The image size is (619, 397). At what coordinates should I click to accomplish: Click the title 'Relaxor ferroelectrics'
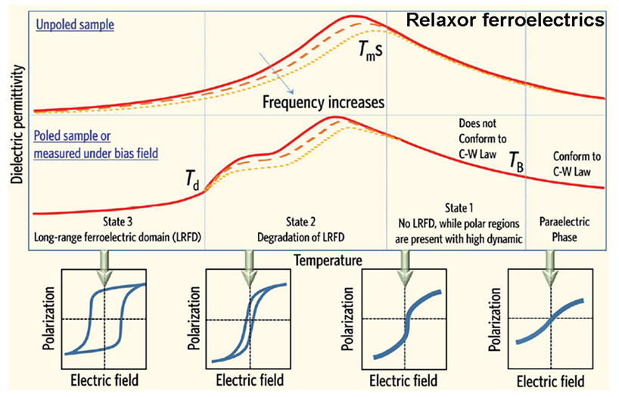point(505,20)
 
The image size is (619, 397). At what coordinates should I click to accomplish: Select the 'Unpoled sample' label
point(73,24)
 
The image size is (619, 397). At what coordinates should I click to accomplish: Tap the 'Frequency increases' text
point(325,101)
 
